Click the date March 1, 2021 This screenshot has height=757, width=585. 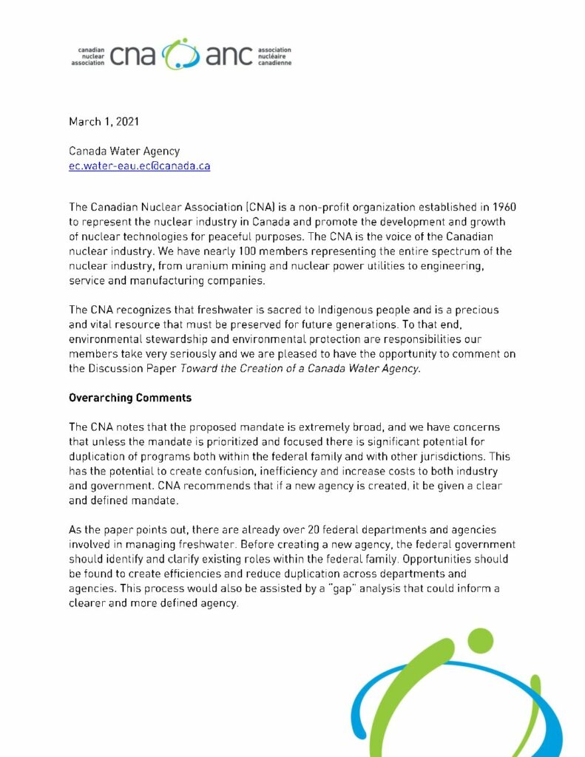(104, 121)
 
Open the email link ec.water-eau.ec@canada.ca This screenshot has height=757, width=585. (139, 166)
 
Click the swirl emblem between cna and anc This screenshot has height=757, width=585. (181, 54)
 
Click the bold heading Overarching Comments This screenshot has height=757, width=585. (130, 398)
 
